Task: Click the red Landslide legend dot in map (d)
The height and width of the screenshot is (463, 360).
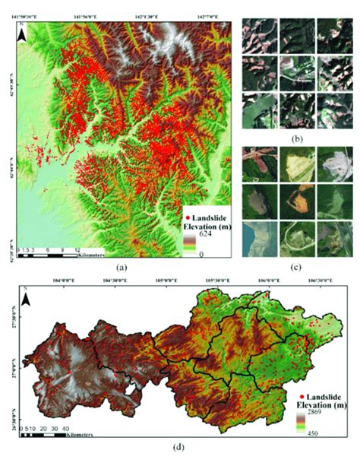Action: click(302, 397)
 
